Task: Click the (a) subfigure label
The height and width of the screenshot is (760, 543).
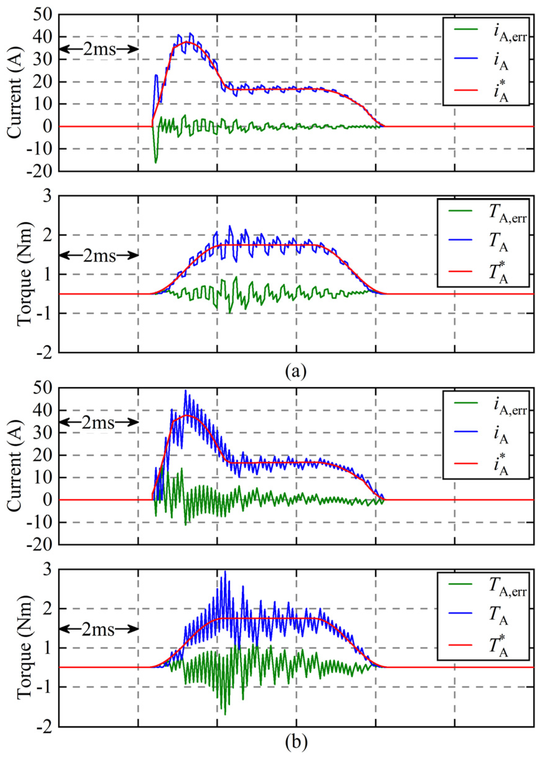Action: [x=296, y=371]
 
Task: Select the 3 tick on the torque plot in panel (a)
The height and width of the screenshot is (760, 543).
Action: [x=49, y=196]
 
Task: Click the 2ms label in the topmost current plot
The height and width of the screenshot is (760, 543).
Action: [x=99, y=50]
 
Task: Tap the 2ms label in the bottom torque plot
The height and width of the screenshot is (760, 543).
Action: [x=99, y=629]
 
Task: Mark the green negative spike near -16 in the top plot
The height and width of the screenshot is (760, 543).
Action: [x=155, y=162]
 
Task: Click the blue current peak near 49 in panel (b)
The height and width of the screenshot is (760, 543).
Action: [x=186, y=390]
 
